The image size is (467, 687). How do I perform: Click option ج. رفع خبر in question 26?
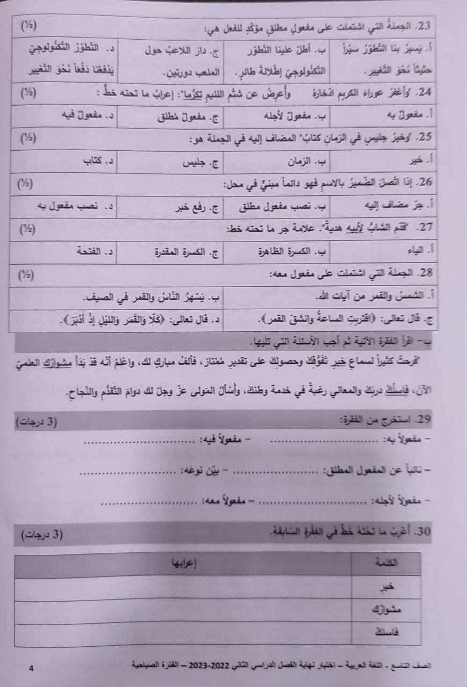pos(193,206)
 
